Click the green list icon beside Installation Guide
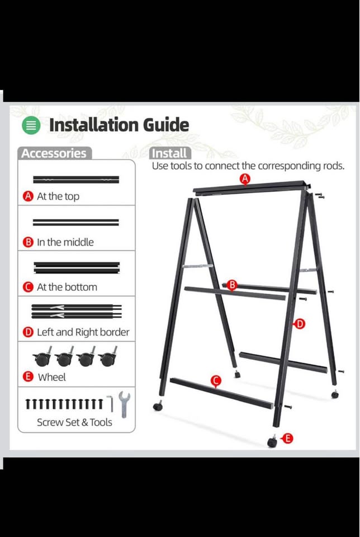coord(31,125)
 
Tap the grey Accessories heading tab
coord(54,153)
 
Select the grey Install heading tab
coord(170,153)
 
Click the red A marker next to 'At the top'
coord(28,196)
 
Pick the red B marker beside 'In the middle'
coord(28,242)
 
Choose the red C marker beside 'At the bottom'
coord(28,287)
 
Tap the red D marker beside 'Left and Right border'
coord(28,332)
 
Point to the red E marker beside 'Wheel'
coord(28,376)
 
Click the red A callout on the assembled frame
coord(245,178)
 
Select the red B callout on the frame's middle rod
coord(232,285)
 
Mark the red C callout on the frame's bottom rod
coord(216,381)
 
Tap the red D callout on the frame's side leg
coord(299,324)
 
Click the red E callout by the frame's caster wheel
coord(287,438)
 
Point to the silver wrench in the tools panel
coord(124,404)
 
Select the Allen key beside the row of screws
coord(110,403)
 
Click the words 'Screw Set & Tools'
coord(74,422)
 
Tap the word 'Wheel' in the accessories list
coord(51,377)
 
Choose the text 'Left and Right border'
coord(83,332)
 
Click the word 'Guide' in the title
coord(166,125)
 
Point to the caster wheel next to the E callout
coord(272,441)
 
